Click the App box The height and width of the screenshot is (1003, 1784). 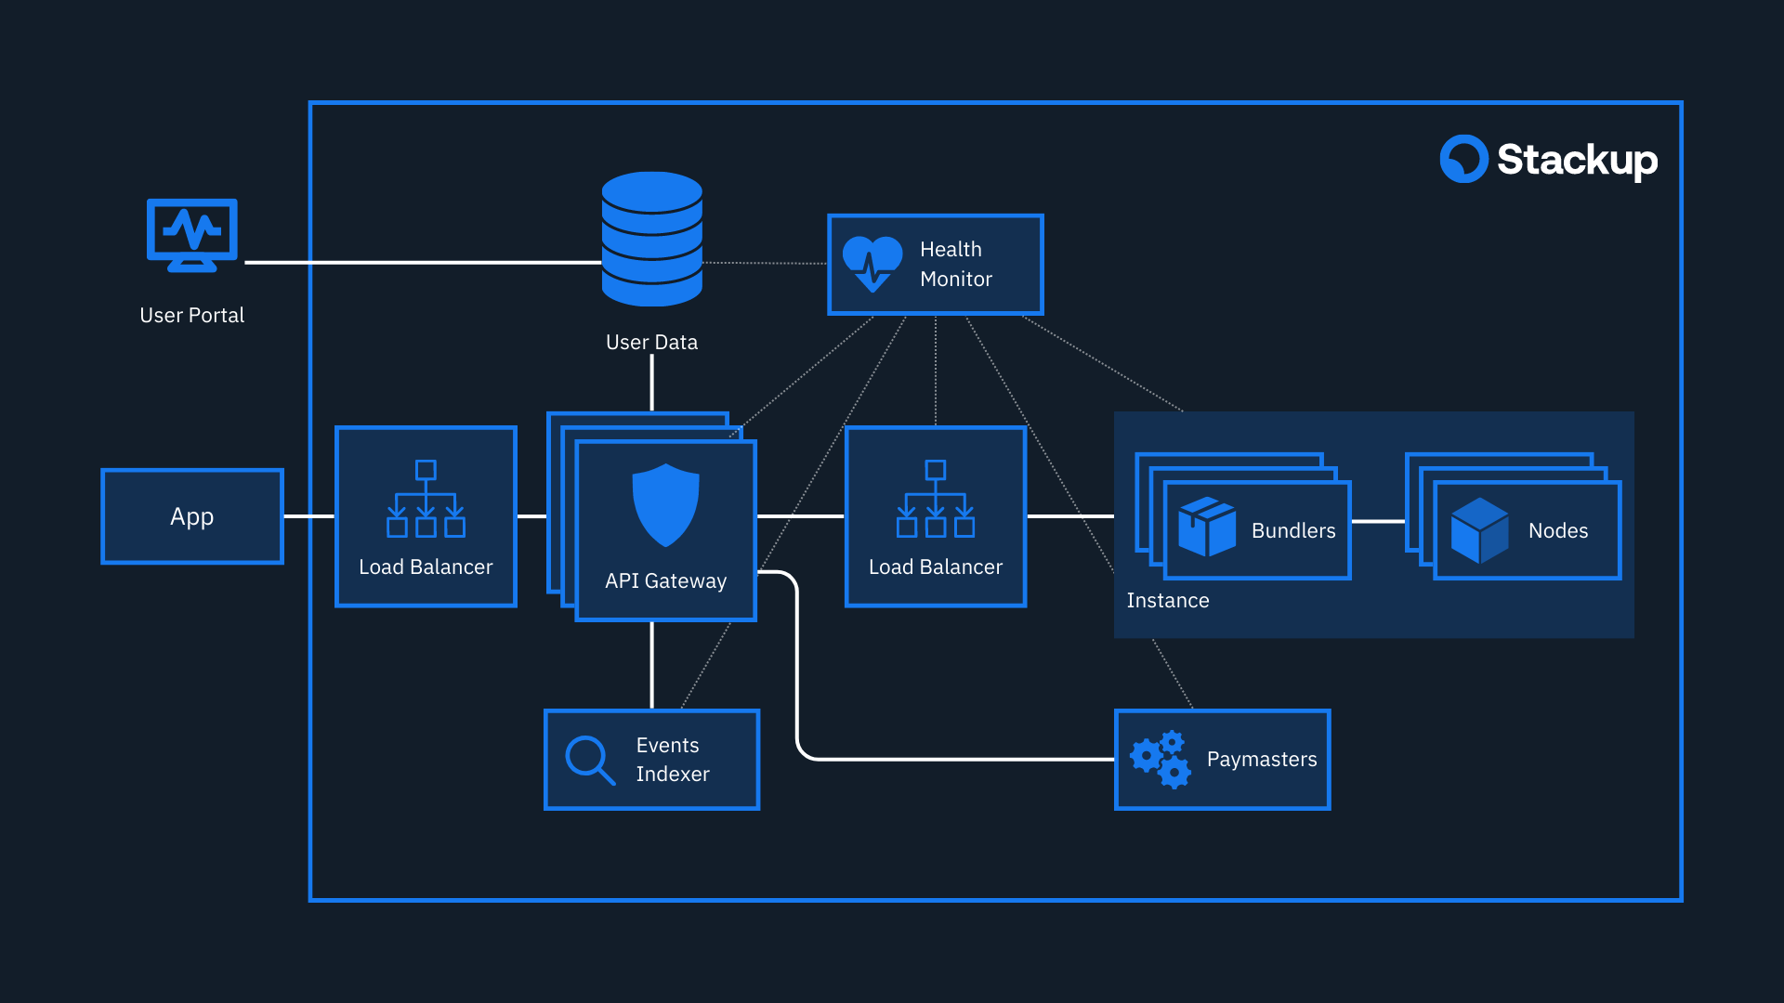pos(192,516)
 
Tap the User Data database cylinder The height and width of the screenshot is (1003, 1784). pos(651,239)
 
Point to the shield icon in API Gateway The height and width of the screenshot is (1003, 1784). pos(665,504)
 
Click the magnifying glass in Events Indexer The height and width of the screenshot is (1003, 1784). pos(589,760)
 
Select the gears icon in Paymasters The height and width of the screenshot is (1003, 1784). pos(1160,760)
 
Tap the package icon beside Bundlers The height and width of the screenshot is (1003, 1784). pos(1206,527)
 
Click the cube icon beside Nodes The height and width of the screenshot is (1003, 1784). pos(1479,530)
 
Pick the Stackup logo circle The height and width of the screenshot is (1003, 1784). pos(1463,159)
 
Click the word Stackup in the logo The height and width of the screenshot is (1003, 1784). pos(1577,160)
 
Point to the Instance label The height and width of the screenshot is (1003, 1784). pos(1168,601)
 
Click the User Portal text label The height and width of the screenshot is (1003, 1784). pos(191,316)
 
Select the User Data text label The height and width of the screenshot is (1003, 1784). pos(651,343)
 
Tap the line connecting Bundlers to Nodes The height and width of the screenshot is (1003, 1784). pos(1378,522)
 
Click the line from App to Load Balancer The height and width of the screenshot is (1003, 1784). pos(308,516)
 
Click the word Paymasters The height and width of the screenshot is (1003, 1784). pos(1261,760)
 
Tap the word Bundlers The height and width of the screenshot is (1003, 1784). pos(1292,531)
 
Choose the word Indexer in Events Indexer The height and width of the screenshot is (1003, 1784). pos(672,775)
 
